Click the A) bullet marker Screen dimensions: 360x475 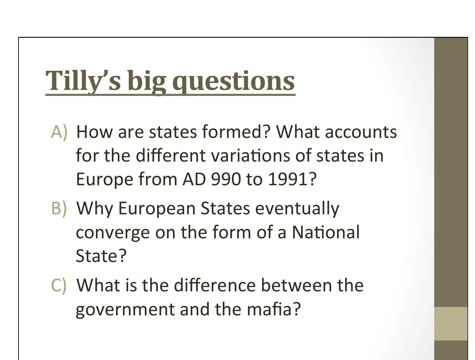59,132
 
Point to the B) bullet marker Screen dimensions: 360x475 59,208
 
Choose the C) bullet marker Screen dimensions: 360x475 59,285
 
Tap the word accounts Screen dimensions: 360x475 361,132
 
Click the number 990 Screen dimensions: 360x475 226,179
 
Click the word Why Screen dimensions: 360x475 95,208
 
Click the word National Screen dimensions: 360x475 326,232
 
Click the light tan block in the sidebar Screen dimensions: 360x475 451,323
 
